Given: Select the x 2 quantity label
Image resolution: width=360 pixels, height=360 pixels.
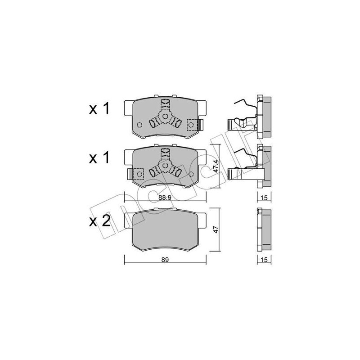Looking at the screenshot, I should (100, 221).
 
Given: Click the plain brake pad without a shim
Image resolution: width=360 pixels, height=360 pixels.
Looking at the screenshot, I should (165, 229).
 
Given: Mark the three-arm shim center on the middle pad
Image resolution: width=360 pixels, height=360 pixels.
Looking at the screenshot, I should (165, 167).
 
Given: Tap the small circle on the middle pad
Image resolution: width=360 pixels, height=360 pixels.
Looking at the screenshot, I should (192, 174).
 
